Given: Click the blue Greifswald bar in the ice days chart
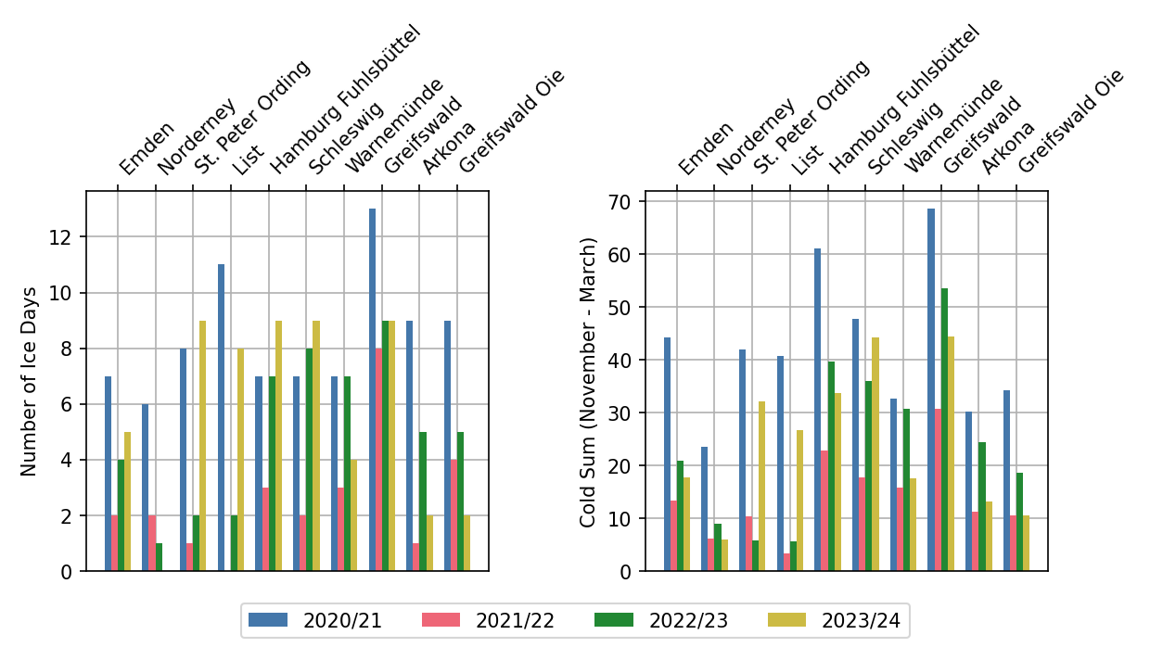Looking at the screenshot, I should [x=372, y=389].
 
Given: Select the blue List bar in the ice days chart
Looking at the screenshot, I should [x=222, y=417].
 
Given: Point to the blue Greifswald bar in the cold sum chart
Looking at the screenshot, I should [x=931, y=389].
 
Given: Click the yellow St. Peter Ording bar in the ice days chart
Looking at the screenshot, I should [x=202, y=446].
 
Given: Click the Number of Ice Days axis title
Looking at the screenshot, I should [x=29, y=381].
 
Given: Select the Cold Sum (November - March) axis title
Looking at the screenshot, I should [x=588, y=381].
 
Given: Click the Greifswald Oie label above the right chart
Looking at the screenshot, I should [x=1069, y=121].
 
